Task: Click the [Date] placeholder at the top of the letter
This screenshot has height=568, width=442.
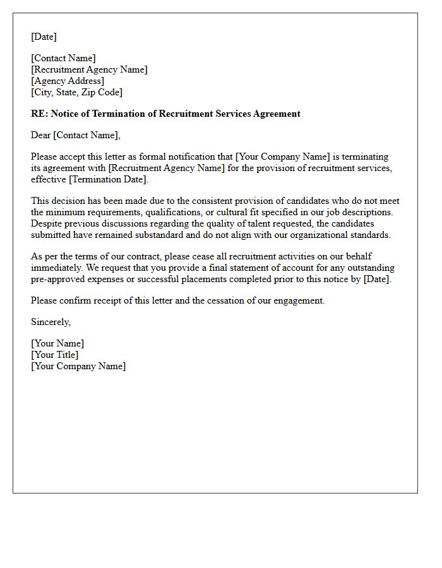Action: (44, 37)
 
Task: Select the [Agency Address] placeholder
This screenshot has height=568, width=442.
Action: (68, 81)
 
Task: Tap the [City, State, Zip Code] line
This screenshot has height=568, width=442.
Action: (76, 92)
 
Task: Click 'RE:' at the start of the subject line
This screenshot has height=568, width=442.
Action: (39, 114)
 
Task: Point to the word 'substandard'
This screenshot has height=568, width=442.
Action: (167, 235)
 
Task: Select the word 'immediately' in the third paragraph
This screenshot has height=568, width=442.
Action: (56, 268)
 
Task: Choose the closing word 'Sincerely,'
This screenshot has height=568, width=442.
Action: (51, 322)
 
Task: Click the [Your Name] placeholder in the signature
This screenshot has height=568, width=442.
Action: (57, 343)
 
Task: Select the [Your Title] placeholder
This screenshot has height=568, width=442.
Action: (55, 355)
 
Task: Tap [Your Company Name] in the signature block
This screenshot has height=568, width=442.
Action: (78, 366)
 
